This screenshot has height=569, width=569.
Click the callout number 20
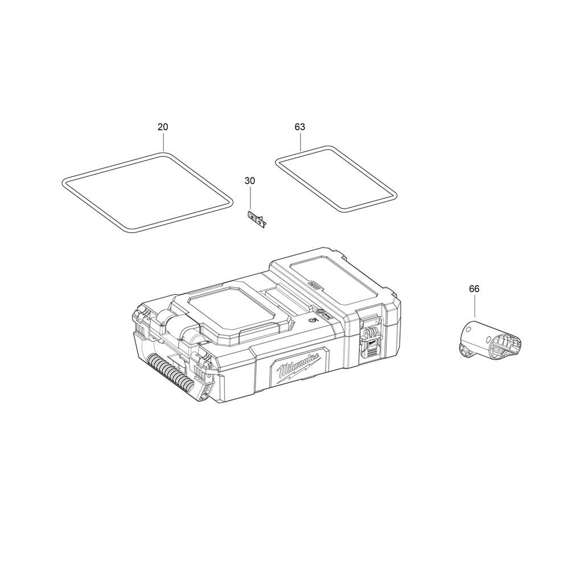point(163,127)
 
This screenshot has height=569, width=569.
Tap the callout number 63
point(300,127)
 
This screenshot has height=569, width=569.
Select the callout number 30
point(250,181)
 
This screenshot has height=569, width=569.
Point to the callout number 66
point(474,289)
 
